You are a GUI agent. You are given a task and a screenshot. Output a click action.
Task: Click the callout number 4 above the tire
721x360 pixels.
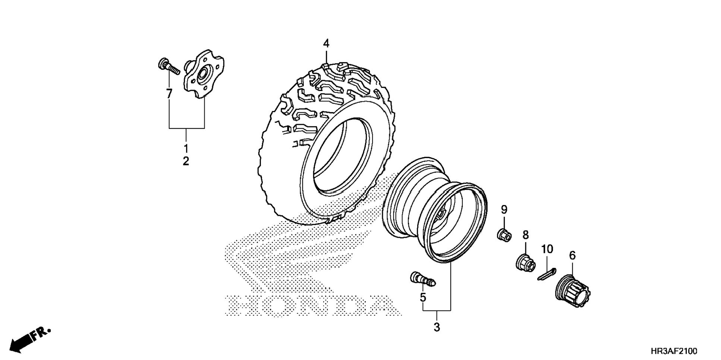coord(326,44)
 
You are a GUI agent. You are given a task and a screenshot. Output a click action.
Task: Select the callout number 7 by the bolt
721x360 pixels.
coord(169,94)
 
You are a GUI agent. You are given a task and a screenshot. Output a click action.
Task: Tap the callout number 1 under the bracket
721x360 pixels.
coord(186,149)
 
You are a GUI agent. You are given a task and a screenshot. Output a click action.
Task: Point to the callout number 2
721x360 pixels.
coord(186,162)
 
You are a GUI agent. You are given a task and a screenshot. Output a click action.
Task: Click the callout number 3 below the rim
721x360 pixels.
coord(437,328)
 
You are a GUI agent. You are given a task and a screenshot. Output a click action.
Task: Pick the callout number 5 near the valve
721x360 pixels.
coord(423,297)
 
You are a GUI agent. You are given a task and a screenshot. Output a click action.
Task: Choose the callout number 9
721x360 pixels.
coord(504,210)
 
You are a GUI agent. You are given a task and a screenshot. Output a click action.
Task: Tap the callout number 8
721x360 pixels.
coord(525,235)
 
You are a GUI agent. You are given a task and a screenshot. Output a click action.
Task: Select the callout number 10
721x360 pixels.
coord(547,249)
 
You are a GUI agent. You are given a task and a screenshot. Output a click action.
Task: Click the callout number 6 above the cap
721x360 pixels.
coord(572,256)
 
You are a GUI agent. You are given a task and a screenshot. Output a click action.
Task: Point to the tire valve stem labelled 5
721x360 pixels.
coord(422,280)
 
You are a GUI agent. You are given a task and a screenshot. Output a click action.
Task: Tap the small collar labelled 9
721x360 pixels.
coord(504,236)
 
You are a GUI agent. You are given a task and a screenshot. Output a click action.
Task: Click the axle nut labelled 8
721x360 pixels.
coord(526,262)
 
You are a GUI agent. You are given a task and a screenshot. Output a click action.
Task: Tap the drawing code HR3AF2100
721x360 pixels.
coord(674,351)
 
